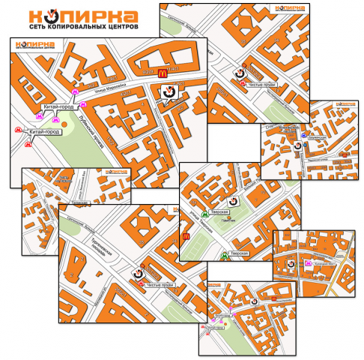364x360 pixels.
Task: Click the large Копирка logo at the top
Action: click(x=83, y=16)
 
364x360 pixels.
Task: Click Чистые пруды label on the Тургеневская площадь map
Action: click(x=159, y=285)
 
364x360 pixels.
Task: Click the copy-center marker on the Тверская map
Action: click(x=233, y=202)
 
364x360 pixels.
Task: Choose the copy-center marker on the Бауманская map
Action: click(x=298, y=146)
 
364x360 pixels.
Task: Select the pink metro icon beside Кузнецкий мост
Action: click(x=308, y=263)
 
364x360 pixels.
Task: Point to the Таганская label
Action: click(x=79, y=202)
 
